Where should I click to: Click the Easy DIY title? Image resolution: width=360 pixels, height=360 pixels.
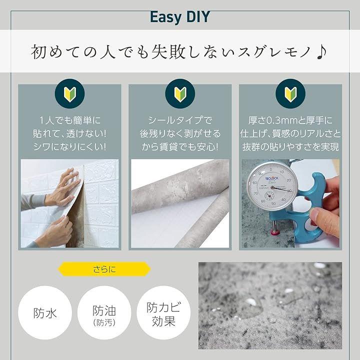pyautogui.click(x=180, y=17)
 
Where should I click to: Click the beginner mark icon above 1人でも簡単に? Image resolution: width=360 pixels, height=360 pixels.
pyautogui.click(x=70, y=93)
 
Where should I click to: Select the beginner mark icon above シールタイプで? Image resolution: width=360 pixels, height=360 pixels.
pyautogui.click(x=180, y=93)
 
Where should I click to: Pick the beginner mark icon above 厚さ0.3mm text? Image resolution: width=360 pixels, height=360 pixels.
pyautogui.click(x=290, y=93)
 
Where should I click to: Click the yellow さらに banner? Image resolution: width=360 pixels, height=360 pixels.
pyautogui.click(x=104, y=269)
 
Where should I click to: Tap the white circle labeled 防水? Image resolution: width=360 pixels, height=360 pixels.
pyautogui.click(x=45, y=312)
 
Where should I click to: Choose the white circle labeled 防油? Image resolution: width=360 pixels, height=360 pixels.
pyautogui.click(x=104, y=312)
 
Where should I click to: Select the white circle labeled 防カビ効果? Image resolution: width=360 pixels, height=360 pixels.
pyautogui.click(x=163, y=312)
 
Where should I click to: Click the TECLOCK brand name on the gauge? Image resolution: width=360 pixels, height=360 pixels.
pyautogui.click(x=271, y=178)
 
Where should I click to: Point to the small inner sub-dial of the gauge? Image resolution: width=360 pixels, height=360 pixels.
pyautogui.click(x=269, y=196)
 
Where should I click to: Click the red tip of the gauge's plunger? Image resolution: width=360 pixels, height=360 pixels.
pyautogui.click(x=274, y=232)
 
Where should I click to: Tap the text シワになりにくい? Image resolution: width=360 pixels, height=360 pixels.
pyautogui.click(x=69, y=147)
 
